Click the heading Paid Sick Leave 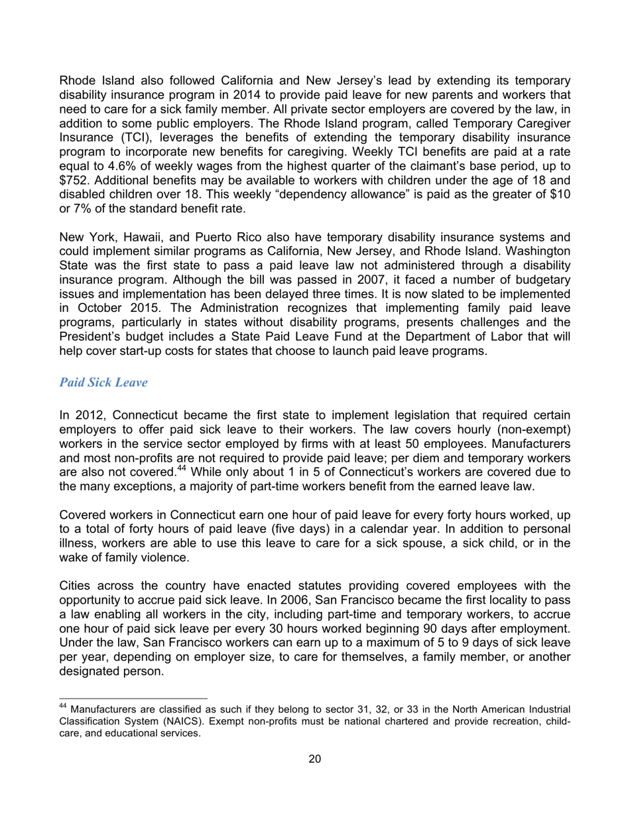point(103,383)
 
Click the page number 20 point(315,760)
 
